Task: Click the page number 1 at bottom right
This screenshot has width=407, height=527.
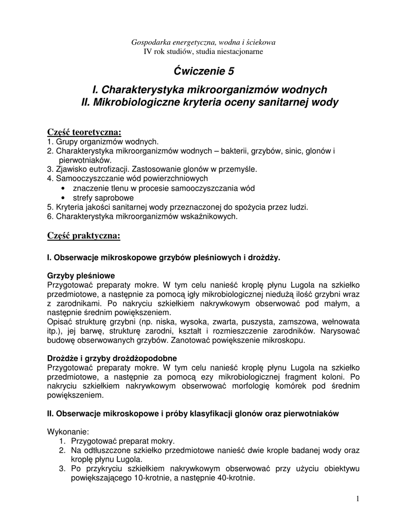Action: [x=358, y=499]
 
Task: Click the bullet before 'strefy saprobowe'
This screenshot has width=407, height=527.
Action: [x=63, y=198]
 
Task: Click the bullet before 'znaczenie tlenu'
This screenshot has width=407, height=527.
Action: [x=63, y=188]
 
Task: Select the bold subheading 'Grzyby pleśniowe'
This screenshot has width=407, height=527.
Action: [x=81, y=275]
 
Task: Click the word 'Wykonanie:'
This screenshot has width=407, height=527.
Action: [x=68, y=431]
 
